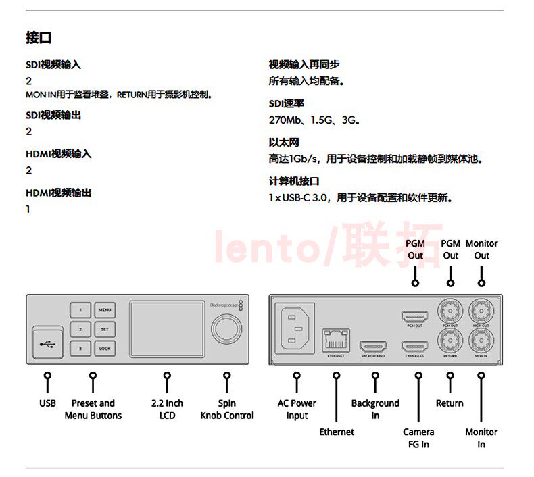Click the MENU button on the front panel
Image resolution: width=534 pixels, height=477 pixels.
(104, 311)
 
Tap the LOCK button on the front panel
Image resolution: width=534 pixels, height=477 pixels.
(104, 349)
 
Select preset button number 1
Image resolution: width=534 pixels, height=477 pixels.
(80, 311)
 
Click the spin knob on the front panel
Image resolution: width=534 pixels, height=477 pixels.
(225, 330)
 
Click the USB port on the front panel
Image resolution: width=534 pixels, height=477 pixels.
(47, 343)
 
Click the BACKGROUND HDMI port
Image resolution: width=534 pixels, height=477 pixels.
(373, 347)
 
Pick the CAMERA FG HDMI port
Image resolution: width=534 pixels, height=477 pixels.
(414, 347)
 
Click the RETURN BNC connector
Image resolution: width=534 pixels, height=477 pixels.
(450, 339)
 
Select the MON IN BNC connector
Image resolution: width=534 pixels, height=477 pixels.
(481, 339)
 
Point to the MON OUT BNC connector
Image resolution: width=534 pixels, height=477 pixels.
(481, 311)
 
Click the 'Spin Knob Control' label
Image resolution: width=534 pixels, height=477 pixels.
(227, 409)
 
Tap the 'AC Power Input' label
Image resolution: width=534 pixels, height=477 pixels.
(297, 409)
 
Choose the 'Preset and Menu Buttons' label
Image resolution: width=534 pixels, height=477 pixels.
(93, 409)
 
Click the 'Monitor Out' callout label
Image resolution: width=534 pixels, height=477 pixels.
(481, 249)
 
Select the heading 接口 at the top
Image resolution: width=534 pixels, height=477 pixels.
(39, 38)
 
